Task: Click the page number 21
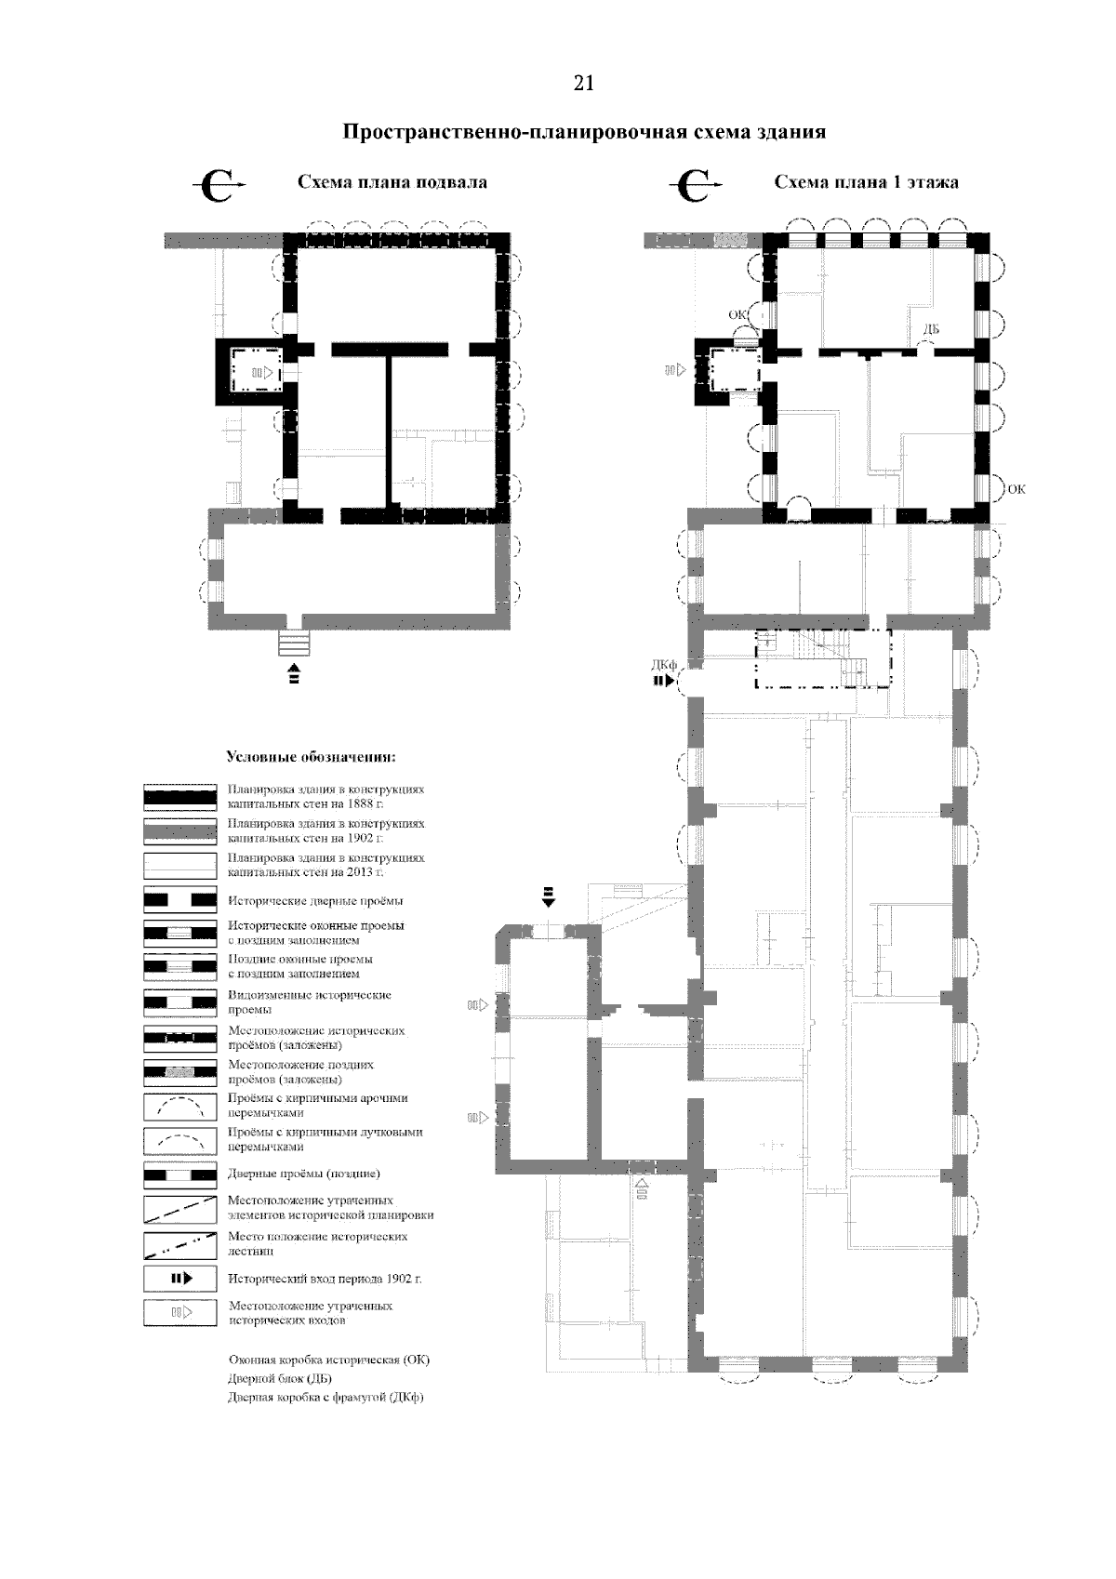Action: point(584,84)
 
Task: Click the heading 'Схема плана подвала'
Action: point(392,182)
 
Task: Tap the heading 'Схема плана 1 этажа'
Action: point(867,182)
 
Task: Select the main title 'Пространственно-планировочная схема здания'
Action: point(584,133)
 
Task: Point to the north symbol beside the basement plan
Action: point(219,185)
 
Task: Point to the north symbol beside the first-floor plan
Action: point(695,185)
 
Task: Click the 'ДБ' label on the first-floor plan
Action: point(931,329)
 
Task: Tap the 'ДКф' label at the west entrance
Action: point(663,665)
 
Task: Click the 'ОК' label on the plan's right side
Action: point(1016,489)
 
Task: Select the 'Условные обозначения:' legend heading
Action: point(311,757)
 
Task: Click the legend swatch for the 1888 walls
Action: point(179,797)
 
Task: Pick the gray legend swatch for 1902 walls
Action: point(179,831)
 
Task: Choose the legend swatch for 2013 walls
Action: point(179,866)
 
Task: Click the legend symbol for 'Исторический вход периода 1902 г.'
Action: point(179,1278)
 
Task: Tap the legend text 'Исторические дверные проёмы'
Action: point(315,901)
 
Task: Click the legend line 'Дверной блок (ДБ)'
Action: point(279,1378)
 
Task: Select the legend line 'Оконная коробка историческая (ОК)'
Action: point(328,1359)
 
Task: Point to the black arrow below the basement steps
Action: point(294,672)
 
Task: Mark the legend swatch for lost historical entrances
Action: point(179,1312)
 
